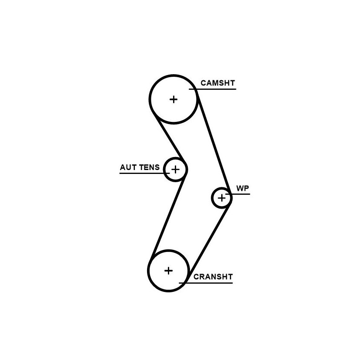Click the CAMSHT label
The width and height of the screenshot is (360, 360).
point(218,83)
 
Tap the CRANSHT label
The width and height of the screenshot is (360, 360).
point(213,277)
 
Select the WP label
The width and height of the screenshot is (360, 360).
point(242,188)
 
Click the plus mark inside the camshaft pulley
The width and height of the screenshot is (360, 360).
point(173,99)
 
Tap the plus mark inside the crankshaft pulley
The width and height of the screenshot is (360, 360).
point(169,271)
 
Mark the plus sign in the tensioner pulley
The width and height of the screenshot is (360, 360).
point(175,170)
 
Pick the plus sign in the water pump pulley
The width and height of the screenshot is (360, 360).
point(222,198)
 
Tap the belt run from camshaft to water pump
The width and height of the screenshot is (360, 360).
point(213,141)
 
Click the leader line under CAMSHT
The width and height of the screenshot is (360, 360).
point(213,89)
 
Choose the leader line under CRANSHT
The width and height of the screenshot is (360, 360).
point(206,283)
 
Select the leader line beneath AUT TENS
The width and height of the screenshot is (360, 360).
point(144,173)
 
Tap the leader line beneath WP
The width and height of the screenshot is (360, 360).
point(238,194)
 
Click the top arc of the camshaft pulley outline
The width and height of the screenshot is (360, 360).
point(173,75)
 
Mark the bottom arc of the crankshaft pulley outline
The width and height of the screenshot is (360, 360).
point(169,291)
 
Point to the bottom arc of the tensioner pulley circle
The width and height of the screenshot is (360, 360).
point(175,181)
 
